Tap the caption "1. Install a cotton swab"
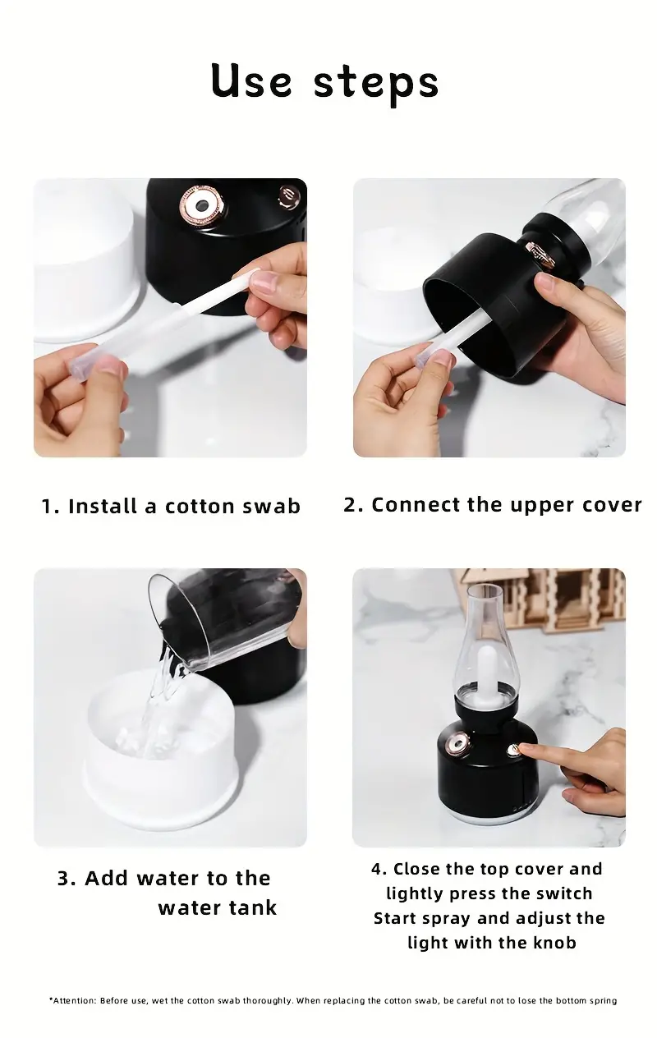point(171,506)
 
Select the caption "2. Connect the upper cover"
point(492,505)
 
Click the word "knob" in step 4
point(554,942)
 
